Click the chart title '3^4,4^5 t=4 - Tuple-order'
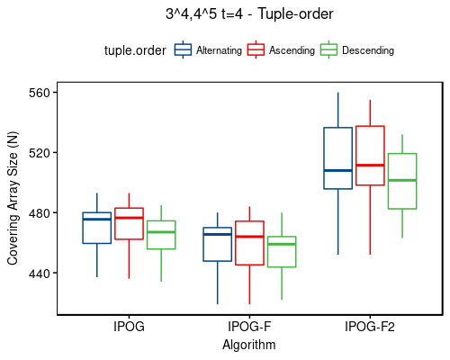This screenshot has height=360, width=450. coord(249,13)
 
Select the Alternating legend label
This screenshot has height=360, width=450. coord(219,51)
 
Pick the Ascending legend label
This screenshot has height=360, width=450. coord(292,51)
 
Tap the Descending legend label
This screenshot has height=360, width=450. coord(368,51)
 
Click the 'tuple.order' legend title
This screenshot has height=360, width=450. coord(135,51)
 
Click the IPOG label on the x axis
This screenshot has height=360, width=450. coord(129,327)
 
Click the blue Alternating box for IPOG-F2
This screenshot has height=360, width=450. coord(337,158)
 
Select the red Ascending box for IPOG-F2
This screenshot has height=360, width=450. coord(370,156)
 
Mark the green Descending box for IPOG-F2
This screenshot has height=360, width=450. coord(402,181)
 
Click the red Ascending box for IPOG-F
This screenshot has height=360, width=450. coord(249,243)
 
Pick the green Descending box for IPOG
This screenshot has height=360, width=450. coord(161,235)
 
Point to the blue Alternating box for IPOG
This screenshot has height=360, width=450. coord(96,228)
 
